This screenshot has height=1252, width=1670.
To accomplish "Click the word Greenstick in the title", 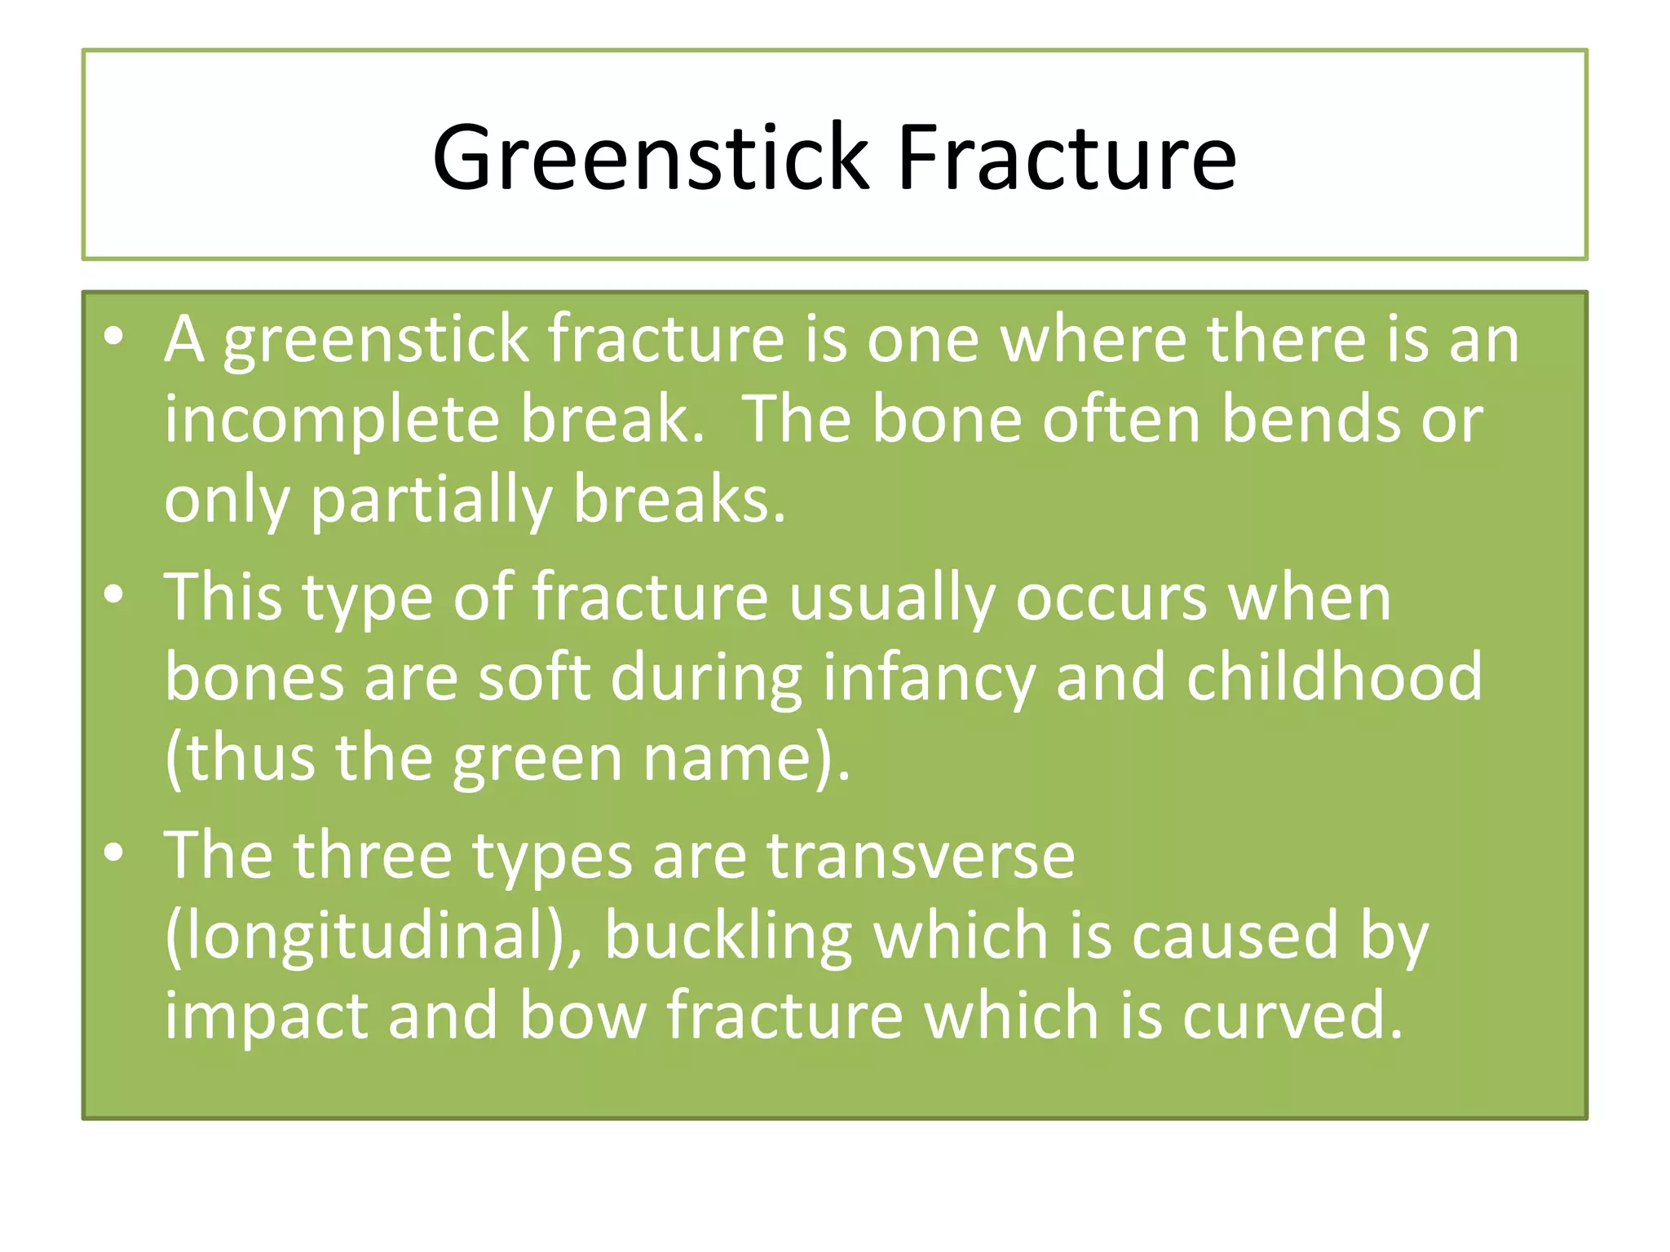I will tap(652, 157).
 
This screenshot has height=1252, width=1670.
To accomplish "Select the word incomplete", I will tap(332, 420).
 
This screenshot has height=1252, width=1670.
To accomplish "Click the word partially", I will tap(431, 500).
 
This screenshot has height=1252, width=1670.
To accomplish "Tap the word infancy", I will tap(929, 678).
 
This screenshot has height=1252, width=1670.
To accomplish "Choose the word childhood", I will tap(1334, 678).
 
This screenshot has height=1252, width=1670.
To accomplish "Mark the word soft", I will tap(533, 678).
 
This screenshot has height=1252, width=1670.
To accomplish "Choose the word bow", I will tap(582, 1016).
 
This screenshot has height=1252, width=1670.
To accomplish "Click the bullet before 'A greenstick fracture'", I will tap(114, 337).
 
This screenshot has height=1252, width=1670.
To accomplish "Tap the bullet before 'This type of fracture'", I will tap(114, 595).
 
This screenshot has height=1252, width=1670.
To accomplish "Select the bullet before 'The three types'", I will tap(114, 853).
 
